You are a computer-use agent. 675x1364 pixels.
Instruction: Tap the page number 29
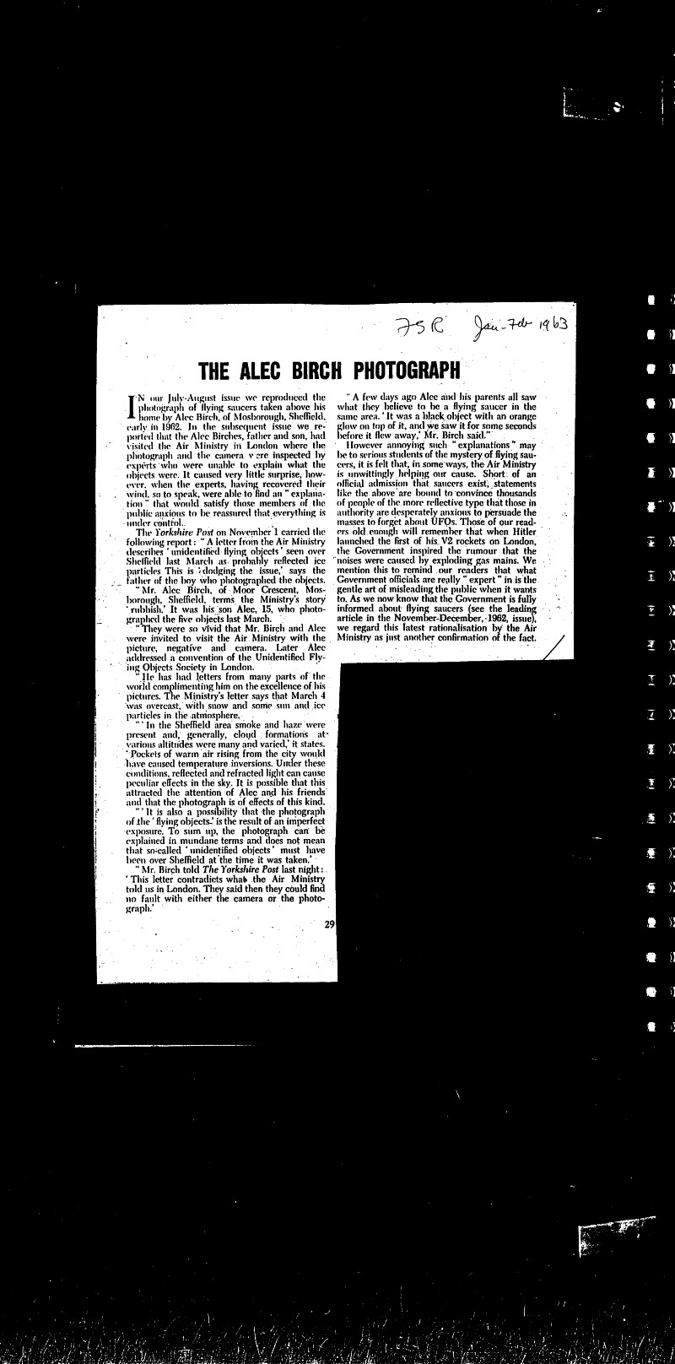(330, 924)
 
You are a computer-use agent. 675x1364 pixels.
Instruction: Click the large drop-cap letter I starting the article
(130, 408)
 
